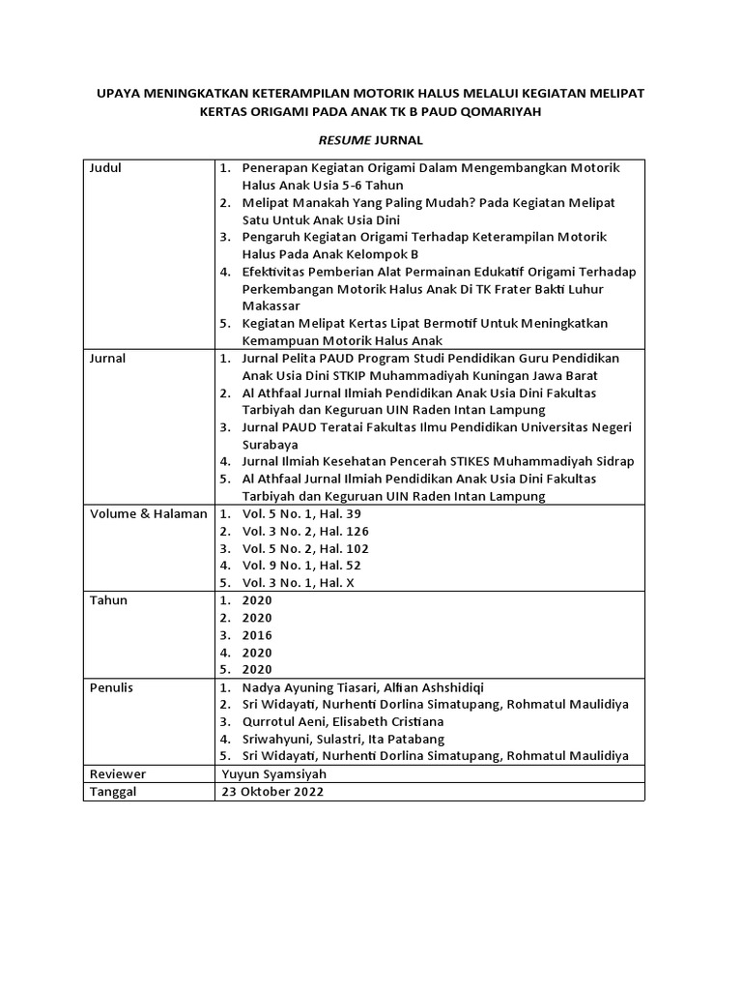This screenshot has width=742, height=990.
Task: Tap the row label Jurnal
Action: pos(107,359)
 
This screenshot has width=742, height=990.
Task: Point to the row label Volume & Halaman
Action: pos(149,514)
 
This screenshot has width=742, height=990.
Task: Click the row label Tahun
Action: pos(108,600)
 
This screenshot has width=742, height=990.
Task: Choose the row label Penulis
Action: pos(111,687)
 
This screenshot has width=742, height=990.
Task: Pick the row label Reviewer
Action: pos(116,774)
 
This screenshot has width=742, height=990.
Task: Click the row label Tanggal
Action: pos(114,792)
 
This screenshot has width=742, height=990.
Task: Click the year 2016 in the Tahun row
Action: pos(257,635)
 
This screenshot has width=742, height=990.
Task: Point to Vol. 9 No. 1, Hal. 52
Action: pos(301,566)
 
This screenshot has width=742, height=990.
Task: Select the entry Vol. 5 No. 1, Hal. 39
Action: pos(301,514)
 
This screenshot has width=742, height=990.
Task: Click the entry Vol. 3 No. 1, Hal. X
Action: pos(300,583)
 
